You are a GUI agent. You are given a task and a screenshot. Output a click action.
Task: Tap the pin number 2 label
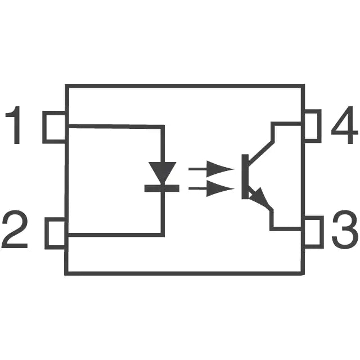pyautogui.click(x=15, y=229)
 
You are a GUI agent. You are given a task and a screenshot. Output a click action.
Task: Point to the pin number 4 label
pyautogui.click(x=344, y=125)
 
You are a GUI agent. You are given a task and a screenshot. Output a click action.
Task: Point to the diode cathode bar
pyautogui.click(x=162, y=188)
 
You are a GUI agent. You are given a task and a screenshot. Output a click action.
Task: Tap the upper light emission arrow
pyautogui.click(x=211, y=169)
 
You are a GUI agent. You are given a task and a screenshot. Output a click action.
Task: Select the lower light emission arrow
pyautogui.click(x=211, y=189)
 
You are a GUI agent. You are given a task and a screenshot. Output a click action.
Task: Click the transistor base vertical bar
pyautogui.click(x=245, y=177)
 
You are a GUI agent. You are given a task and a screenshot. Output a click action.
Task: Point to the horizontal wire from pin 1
pyautogui.click(x=115, y=127)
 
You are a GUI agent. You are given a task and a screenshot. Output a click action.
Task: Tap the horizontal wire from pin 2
pyautogui.click(x=115, y=235)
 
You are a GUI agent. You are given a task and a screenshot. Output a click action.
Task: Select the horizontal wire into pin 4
pyautogui.click(x=287, y=124)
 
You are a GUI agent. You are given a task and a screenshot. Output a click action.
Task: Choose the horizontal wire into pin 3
pyautogui.click(x=286, y=229)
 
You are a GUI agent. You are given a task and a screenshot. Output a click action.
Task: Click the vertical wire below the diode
pyautogui.click(x=163, y=213)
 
